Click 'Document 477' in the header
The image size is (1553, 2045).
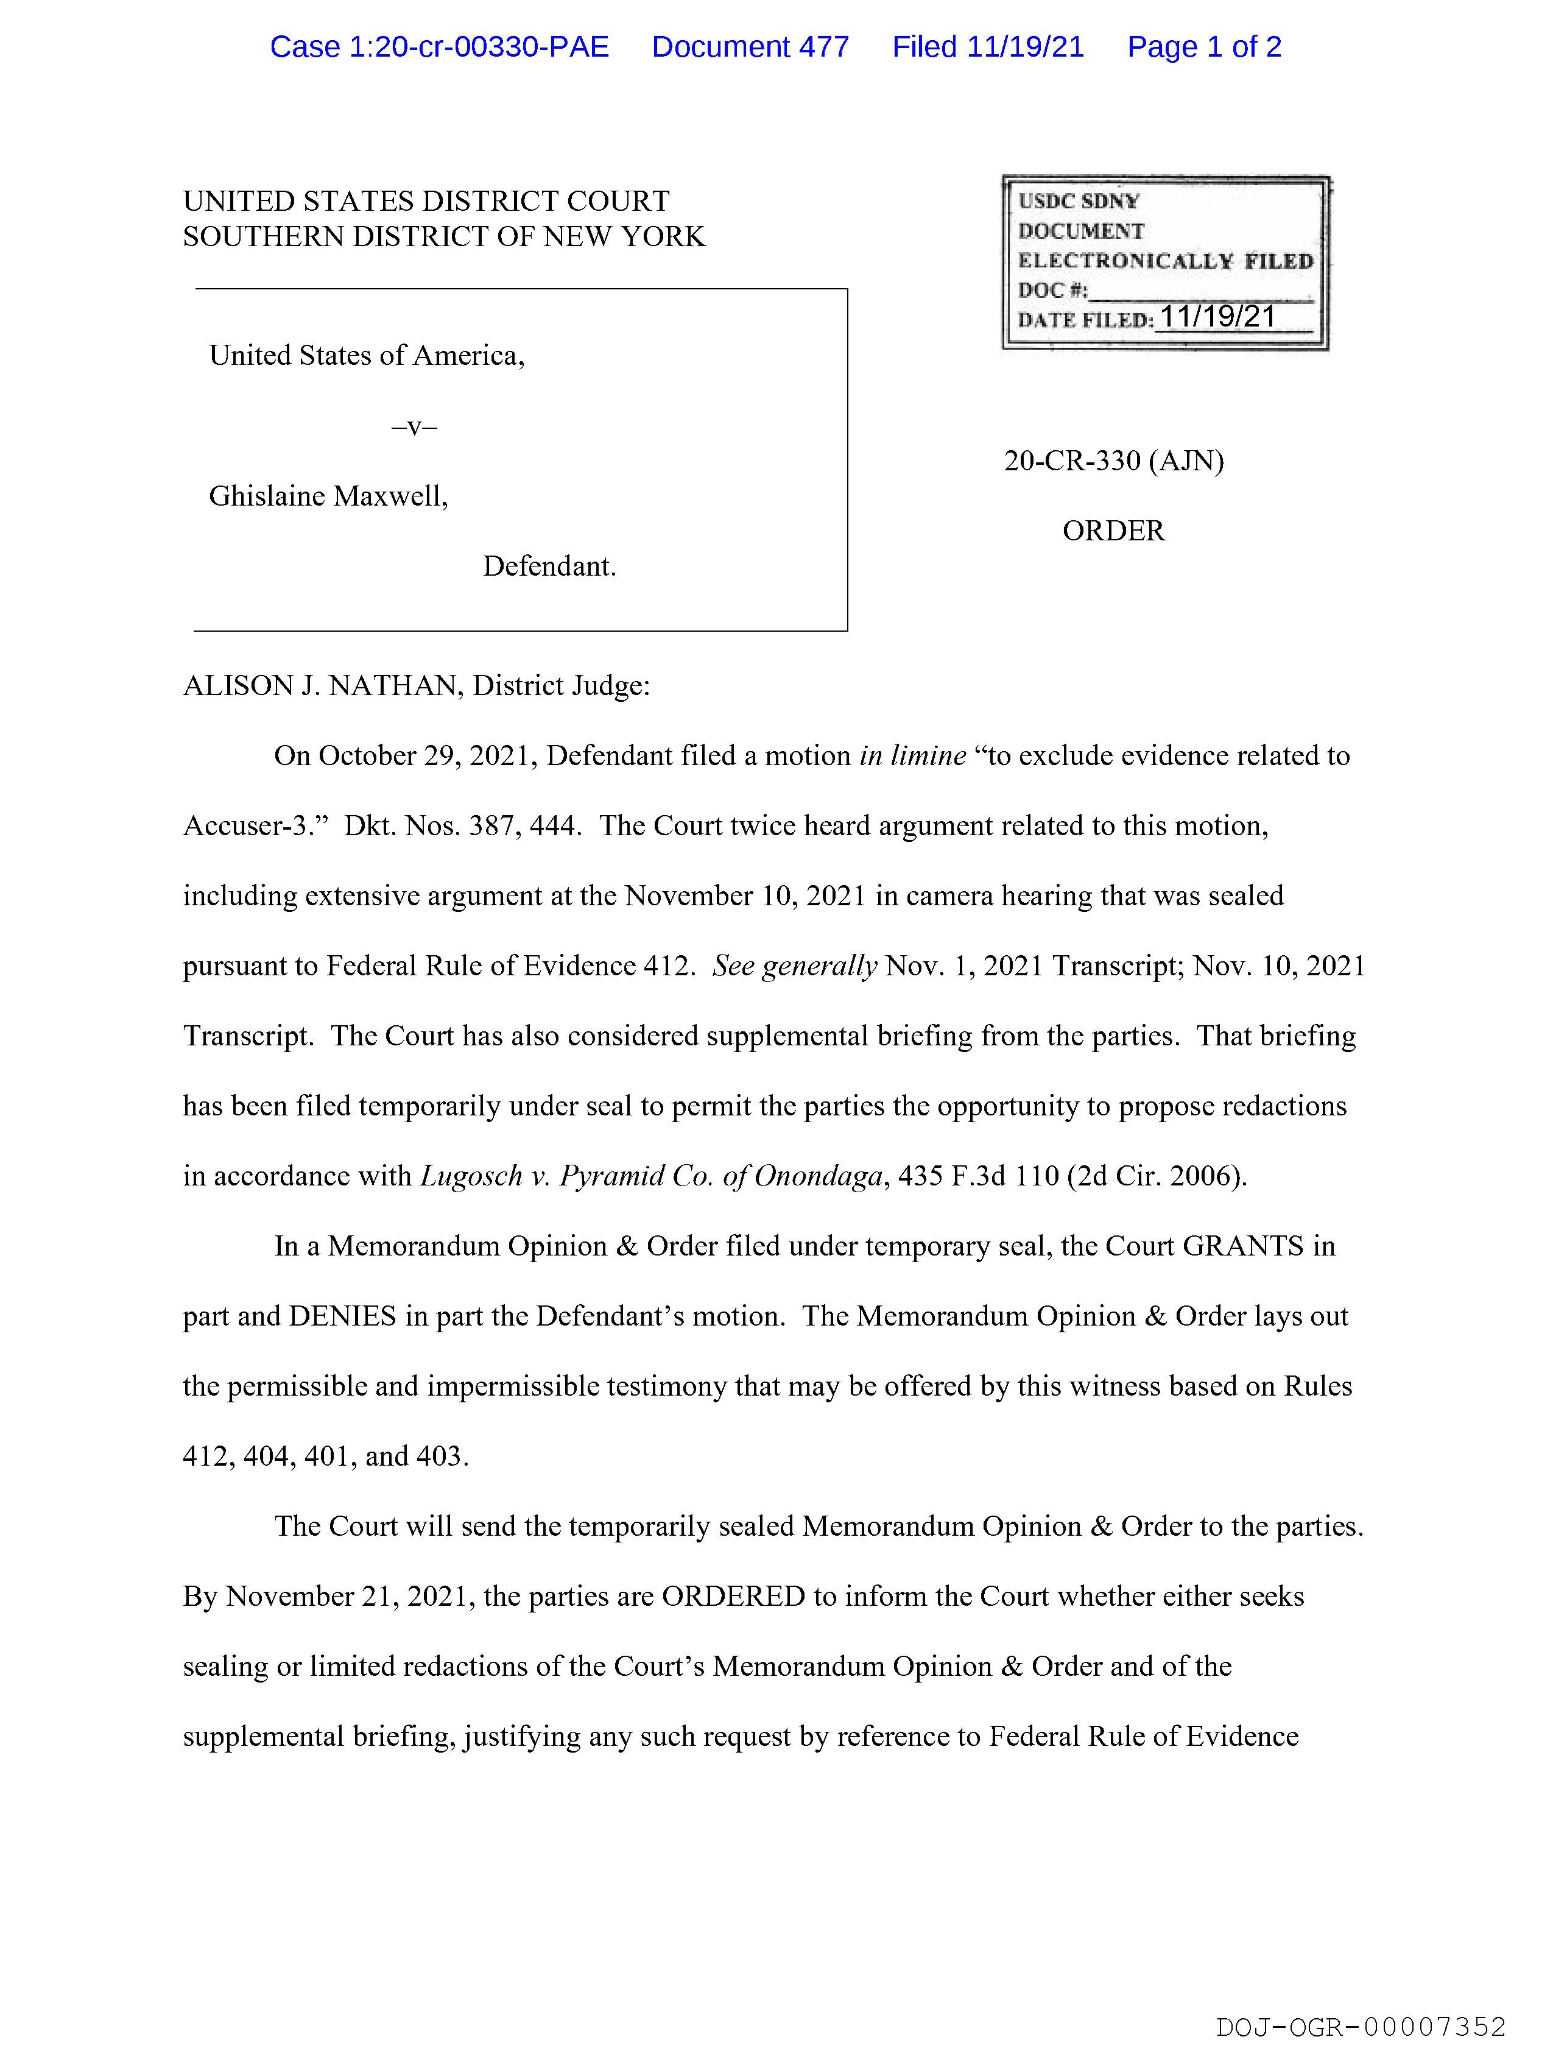(750, 47)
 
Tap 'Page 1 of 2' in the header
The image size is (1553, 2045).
(1203, 47)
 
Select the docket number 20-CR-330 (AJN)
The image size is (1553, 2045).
(1113, 461)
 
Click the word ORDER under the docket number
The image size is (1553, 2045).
(1113, 531)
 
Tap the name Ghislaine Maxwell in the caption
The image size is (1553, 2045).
(328, 496)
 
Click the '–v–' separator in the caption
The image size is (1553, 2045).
(414, 426)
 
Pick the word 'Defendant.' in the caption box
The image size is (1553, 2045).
(549, 566)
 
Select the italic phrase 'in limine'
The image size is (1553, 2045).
(912, 756)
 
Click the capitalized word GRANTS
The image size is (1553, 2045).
(1242, 1246)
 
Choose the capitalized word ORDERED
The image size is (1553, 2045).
(733, 1597)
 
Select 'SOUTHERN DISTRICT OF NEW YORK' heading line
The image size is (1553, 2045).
(444, 237)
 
